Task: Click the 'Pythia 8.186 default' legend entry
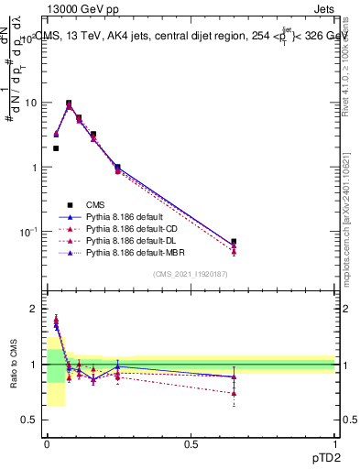tap(125, 217)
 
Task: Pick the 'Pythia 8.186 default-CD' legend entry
tap(132, 229)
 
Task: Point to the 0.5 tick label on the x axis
tap(191, 443)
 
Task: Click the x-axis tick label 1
tap(335, 443)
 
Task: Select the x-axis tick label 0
tap(47, 443)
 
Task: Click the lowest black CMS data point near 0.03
tap(56, 148)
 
